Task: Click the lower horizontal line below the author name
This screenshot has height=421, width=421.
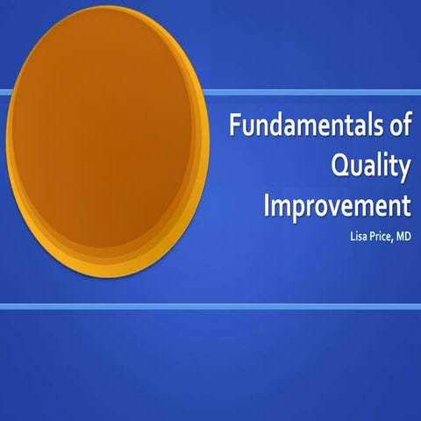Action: pos(210,306)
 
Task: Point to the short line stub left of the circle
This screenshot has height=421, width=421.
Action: pos(4,91)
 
